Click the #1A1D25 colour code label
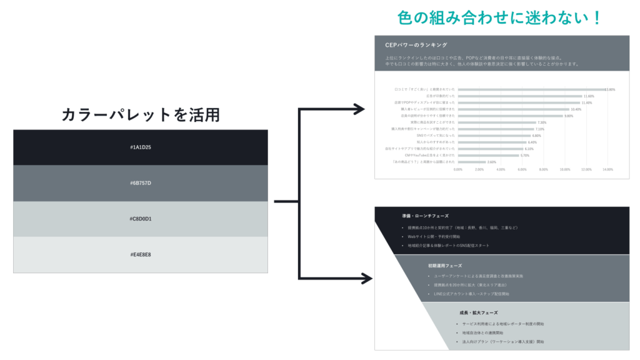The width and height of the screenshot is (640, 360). click(141, 147)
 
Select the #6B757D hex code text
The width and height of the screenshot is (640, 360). click(141, 183)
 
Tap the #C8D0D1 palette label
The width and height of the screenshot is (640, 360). click(141, 219)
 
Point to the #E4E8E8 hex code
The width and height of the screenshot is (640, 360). click(141, 254)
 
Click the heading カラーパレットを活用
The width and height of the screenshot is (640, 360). click(141, 114)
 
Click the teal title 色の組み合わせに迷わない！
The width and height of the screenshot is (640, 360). click(499, 17)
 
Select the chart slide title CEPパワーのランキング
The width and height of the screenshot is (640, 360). click(416, 45)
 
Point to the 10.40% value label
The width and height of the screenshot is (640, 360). click(576, 109)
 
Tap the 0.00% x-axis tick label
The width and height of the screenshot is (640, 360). click(457, 169)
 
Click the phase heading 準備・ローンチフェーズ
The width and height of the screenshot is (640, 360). click(425, 216)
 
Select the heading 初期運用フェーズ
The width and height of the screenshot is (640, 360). click(444, 266)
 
